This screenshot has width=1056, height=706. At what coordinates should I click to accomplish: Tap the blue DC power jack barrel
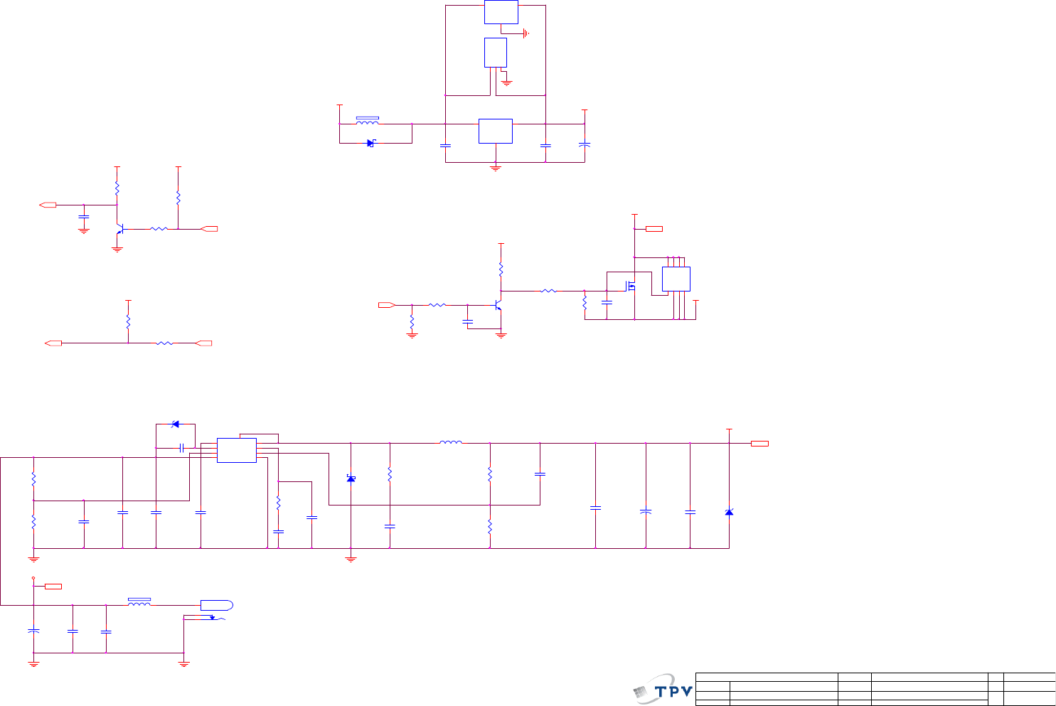[216, 605]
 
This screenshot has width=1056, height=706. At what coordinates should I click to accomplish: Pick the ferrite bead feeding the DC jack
[139, 603]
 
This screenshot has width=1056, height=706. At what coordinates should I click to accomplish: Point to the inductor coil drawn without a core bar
[450, 442]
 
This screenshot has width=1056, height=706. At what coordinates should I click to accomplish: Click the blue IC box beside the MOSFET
[676, 279]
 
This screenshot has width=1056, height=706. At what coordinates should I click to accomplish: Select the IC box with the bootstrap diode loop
[236, 450]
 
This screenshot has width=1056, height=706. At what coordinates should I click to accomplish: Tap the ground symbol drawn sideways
[526, 33]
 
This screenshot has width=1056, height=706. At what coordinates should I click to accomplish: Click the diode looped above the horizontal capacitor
[175, 424]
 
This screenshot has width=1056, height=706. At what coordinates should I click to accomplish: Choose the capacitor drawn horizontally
[182, 447]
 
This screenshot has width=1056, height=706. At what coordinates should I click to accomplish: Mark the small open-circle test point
[33, 579]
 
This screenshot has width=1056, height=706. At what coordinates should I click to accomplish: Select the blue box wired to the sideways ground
[501, 12]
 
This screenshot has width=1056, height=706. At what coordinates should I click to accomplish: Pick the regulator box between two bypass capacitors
[495, 131]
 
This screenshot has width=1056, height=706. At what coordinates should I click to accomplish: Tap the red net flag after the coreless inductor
[759, 444]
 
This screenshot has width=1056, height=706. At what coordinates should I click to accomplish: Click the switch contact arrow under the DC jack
[212, 617]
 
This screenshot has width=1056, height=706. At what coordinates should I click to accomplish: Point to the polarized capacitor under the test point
[33, 631]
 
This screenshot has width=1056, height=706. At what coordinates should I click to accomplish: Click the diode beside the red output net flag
[729, 512]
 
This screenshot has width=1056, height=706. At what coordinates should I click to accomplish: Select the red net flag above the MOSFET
[654, 228]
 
